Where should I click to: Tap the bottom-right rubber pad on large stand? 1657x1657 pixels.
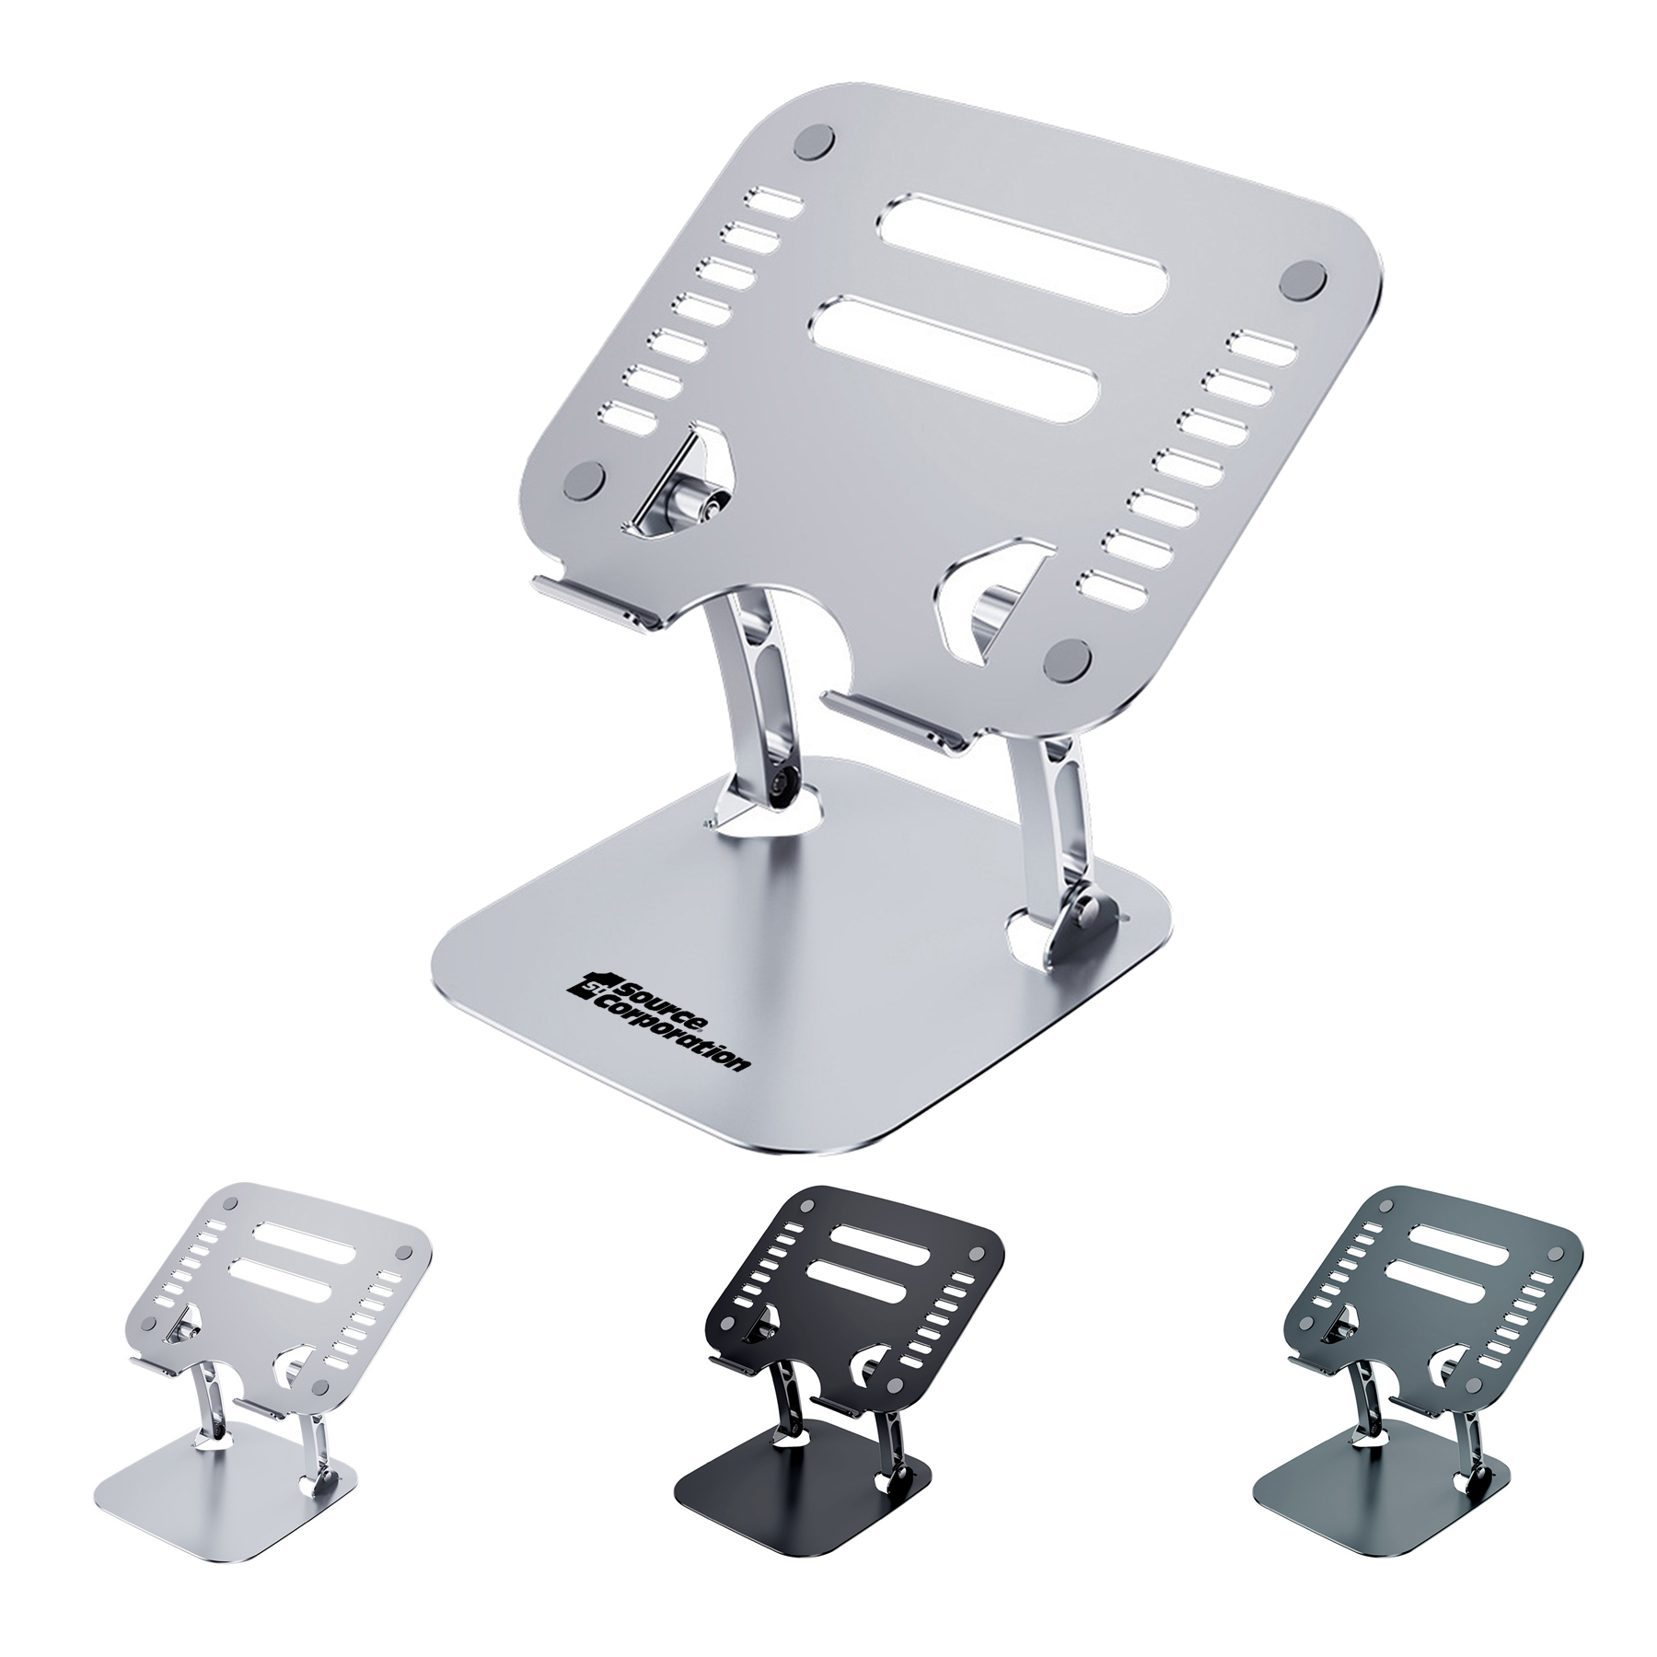pyautogui.click(x=1070, y=659)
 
